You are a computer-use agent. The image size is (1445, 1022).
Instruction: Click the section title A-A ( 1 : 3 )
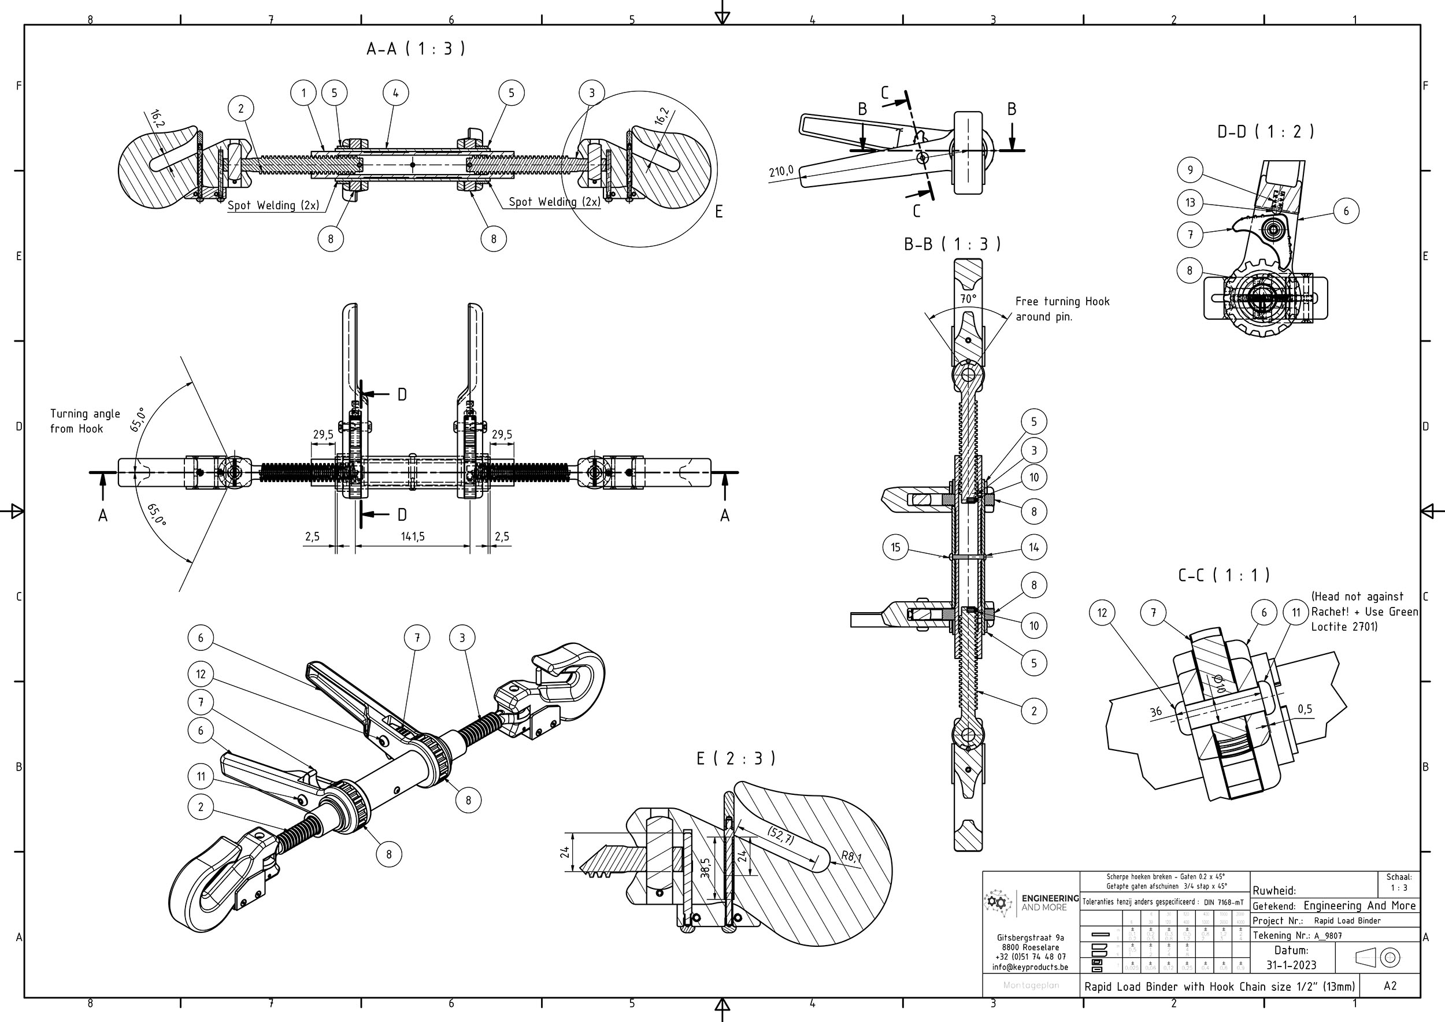click(x=416, y=49)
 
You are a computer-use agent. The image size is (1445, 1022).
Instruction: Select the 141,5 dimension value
click(x=413, y=537)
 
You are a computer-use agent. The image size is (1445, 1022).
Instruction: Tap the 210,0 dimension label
click(x=781, y=171)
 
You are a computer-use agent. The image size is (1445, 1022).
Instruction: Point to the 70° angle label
click(x=968, y=299)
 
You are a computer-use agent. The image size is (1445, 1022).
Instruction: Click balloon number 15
click(x=895, y=547)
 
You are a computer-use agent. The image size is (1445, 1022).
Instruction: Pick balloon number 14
click(x=1033, y=547)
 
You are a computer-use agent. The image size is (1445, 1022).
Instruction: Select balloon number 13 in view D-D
click(x=1190, y=203)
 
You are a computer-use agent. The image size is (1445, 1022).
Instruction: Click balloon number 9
click(x=1190, y=170)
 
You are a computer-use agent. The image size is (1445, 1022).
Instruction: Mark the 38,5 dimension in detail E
click(x=706, y=868)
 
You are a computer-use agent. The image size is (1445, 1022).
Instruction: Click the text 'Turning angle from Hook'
click(x=85, y=421)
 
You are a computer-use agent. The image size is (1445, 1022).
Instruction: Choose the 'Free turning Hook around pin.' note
click(x=1062, y=309)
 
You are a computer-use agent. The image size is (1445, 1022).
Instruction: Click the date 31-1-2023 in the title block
click(x=1291, y=965)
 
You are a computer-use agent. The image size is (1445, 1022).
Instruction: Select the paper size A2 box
click(x=1390, y=986)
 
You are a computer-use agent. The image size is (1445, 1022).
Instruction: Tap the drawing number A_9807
click(x=1328, y=936)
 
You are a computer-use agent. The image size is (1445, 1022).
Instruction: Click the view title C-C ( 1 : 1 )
click(x=1224, y=575)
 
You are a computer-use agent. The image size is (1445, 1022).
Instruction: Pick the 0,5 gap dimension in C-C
click(x=1305, y=709)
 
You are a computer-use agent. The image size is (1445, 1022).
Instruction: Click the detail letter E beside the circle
click(x=718, y=212)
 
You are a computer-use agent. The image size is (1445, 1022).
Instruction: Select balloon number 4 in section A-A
click(x=395, y=93)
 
